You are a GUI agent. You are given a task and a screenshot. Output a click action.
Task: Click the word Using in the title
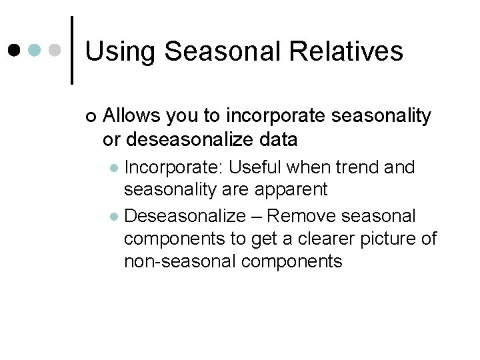[x=120, y=51]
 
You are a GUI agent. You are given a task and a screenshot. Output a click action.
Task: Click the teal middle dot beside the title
[x=35, y=51]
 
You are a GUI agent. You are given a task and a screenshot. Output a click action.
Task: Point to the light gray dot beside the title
[x=56, y=51]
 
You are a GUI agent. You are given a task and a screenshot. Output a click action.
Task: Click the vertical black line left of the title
[x=72, y=50]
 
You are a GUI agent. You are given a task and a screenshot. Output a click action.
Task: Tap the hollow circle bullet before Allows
[x=91, y=117]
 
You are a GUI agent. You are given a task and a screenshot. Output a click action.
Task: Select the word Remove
[x=305, y=216]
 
